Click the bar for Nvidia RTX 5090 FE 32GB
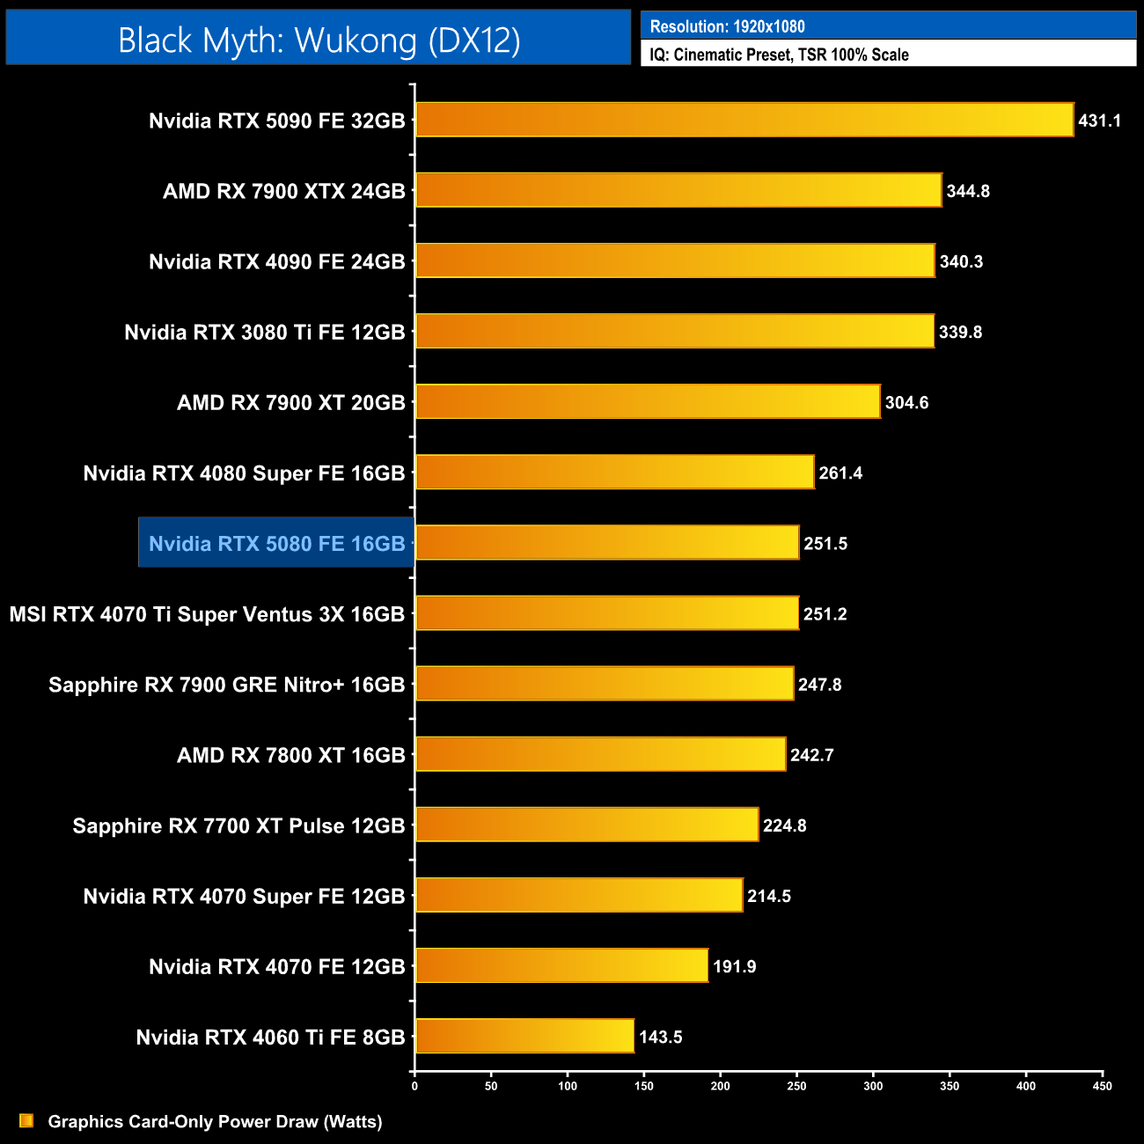click(744, 120)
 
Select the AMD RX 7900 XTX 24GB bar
click(678, 190)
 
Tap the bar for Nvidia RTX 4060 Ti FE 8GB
click(524, 1036)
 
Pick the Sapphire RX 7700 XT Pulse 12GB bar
click(586, 825)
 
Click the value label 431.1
click(1099, 121)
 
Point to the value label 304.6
click(906, 402)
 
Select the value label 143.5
click(660, 1037)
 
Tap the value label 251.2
click(825, 614)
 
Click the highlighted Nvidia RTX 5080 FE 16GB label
click(276, 543)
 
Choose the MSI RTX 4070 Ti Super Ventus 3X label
click(207, 614)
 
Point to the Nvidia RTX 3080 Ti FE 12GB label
click(264, 332)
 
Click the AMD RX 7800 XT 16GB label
click(290, 755)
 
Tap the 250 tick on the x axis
click(796, 1086)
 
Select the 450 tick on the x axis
click(1102, 1086)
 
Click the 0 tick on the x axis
click(414, 1086)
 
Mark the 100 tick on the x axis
click(568, 1086)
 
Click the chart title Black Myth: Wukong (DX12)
click(319, 40)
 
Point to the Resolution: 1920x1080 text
click(727, 26)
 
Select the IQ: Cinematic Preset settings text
click(779, 55)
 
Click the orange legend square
click(26, 1120)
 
